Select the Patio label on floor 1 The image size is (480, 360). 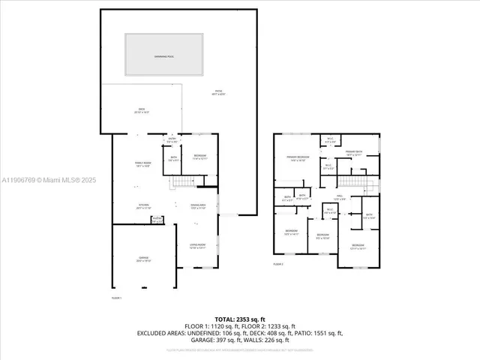[x=218, y=92]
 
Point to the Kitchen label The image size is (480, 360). [x=142, y=207]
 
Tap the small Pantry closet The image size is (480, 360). [x=157, y=220]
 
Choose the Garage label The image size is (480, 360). [x=142, y=259]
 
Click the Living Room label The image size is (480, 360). [x=198, y=246]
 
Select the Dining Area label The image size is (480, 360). [x=198, y=208]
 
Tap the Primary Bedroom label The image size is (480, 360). [x=297, y=158]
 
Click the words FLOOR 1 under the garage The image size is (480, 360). [x=116, y=298]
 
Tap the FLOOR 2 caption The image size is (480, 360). [x=278, y=265]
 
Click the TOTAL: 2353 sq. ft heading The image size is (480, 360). [x=239, y=319]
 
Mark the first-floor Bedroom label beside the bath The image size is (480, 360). [x=199, y=157]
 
